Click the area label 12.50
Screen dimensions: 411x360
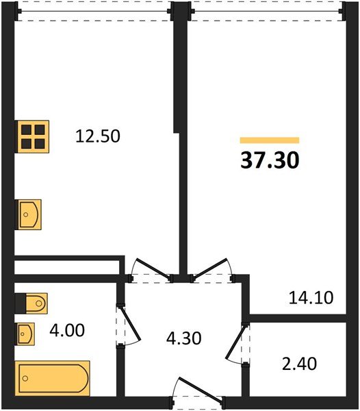point(97,136)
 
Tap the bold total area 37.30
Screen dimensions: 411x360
point(269,160)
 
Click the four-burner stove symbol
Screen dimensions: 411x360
point(33,136)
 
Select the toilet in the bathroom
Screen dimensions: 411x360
point(31,302)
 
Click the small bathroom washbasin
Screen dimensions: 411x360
point(26,334)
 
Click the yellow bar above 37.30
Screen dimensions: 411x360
point(269,140)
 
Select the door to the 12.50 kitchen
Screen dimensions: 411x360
point(151,269)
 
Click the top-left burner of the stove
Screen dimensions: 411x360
point(27,129)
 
